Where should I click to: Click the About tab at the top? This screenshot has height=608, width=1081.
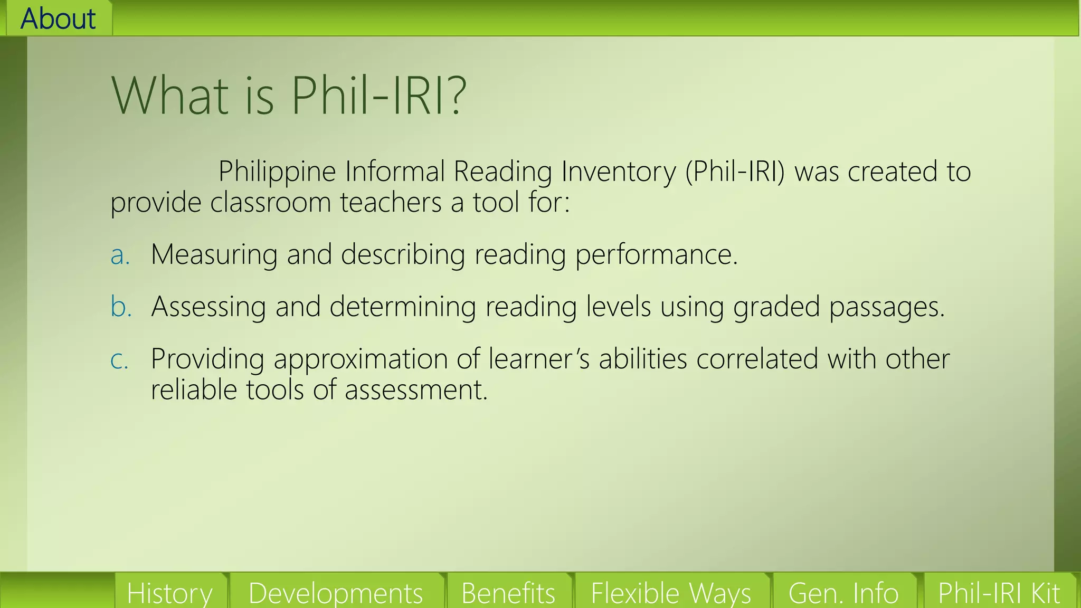pyautogui.click(x=58, y=18)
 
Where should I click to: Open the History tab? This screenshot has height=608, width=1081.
pyautogui.click(x=169, y=593)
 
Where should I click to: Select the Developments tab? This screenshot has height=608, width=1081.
pyautogui.click(x=336, y=593)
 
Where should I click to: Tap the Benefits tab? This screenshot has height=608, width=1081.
pyautogui.click(x=508, y=593)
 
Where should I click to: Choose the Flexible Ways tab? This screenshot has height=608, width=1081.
pyautogui.click(x=670, y=593)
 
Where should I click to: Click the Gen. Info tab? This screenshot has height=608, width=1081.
pyautogui.click(x=843, y=593)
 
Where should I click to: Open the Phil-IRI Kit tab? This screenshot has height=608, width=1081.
pyautogui.click(x=999, y=593)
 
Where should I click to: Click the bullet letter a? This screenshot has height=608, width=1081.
pyautogui.click(x=120, y=255)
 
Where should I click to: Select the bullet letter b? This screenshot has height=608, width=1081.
pyautogui.click(x=120, y=307)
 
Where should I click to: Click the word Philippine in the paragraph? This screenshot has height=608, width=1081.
pyautogui.click(x=277, y=172)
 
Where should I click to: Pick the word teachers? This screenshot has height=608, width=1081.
pyautogui.click(x=391, y=203)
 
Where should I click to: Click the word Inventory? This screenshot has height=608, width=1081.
pyautogui.click(x=618, y=172)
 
